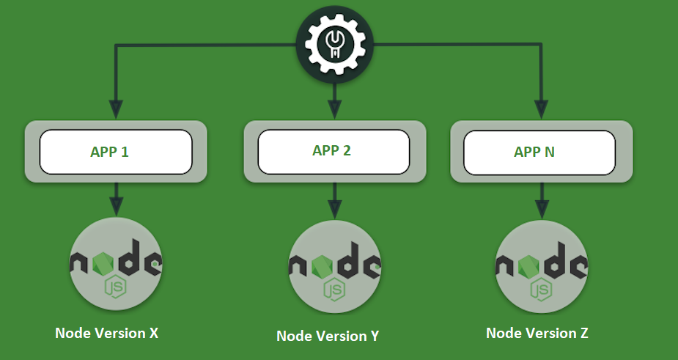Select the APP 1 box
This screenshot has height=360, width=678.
pos(116,152)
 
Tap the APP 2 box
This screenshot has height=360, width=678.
pos(334,151)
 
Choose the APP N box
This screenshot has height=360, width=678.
pos(540,152)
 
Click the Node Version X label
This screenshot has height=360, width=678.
pos(107,333)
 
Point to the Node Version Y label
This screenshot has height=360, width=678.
pos(328,336)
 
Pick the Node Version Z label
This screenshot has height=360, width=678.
pos(537,333)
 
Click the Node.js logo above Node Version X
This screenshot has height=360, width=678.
pos(116,265)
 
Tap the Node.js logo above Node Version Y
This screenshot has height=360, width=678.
pos(334,267)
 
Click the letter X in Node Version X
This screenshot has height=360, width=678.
pos(153,333)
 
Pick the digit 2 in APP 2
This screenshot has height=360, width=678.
pos(347,151)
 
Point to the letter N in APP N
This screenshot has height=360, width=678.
pos(550,153)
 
